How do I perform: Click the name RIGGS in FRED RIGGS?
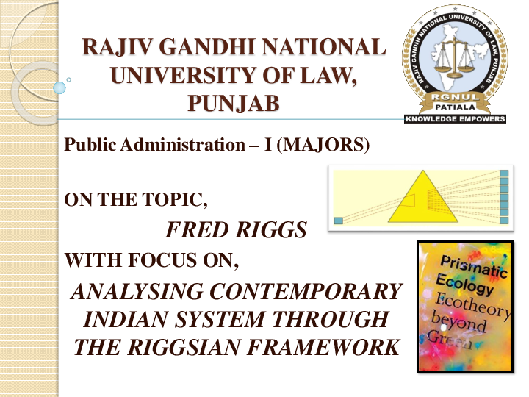click(269, 231)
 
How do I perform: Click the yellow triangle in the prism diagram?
click(420, 200)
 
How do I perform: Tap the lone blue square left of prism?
click(338, 220)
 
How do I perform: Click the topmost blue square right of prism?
click(504, 174)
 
